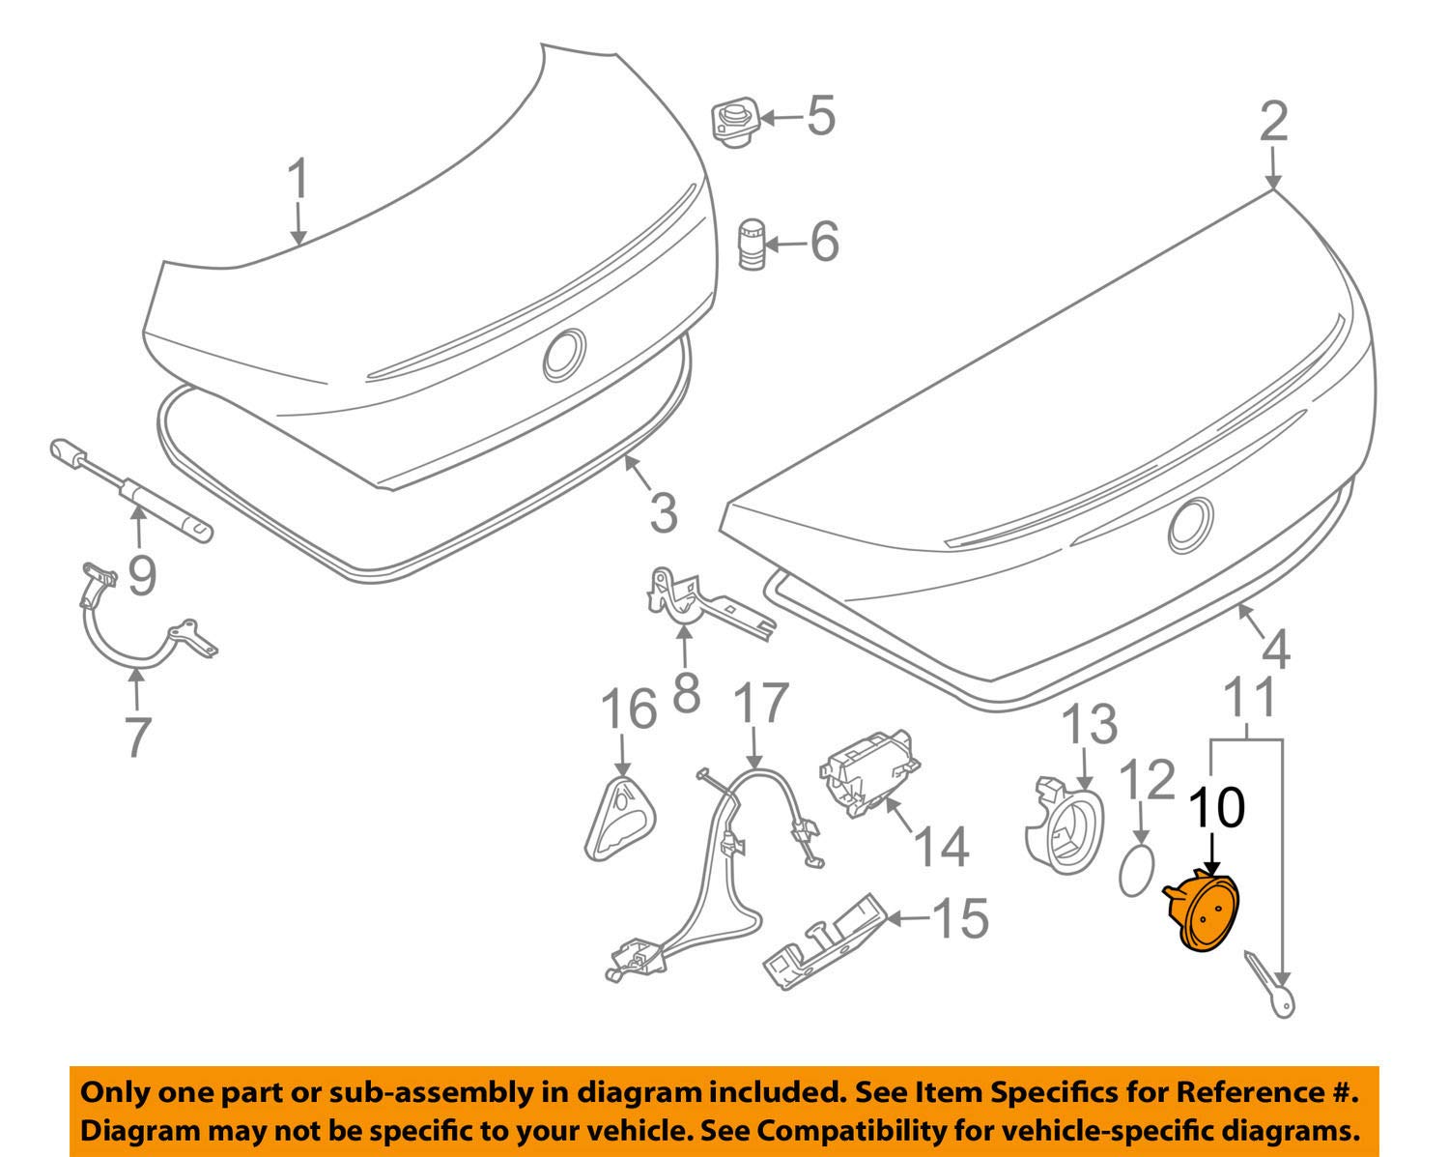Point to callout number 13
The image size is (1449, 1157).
[x=1090, y=724]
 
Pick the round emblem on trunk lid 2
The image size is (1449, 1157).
[x=1190, y=527]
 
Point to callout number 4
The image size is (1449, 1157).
[x=1275, y=651]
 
